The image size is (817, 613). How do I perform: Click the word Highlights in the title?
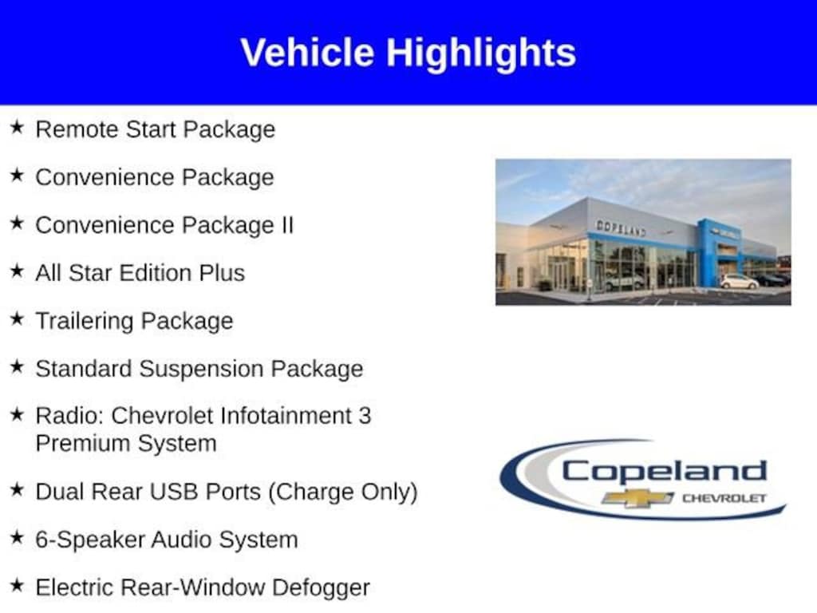point(481,53)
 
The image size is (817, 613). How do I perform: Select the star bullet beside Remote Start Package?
point(18,128)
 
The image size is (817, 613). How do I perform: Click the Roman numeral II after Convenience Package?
point(286,225)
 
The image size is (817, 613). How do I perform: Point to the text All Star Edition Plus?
point(140,273)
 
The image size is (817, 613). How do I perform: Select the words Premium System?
point(125,443)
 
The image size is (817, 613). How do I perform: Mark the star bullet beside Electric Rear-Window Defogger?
point(18,587)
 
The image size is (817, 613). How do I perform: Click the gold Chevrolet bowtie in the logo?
point(637,498)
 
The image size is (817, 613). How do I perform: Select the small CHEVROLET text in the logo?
point(723,498)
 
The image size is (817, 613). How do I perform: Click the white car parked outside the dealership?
point(739,281)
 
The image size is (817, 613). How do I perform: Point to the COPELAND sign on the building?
point(621,228)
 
